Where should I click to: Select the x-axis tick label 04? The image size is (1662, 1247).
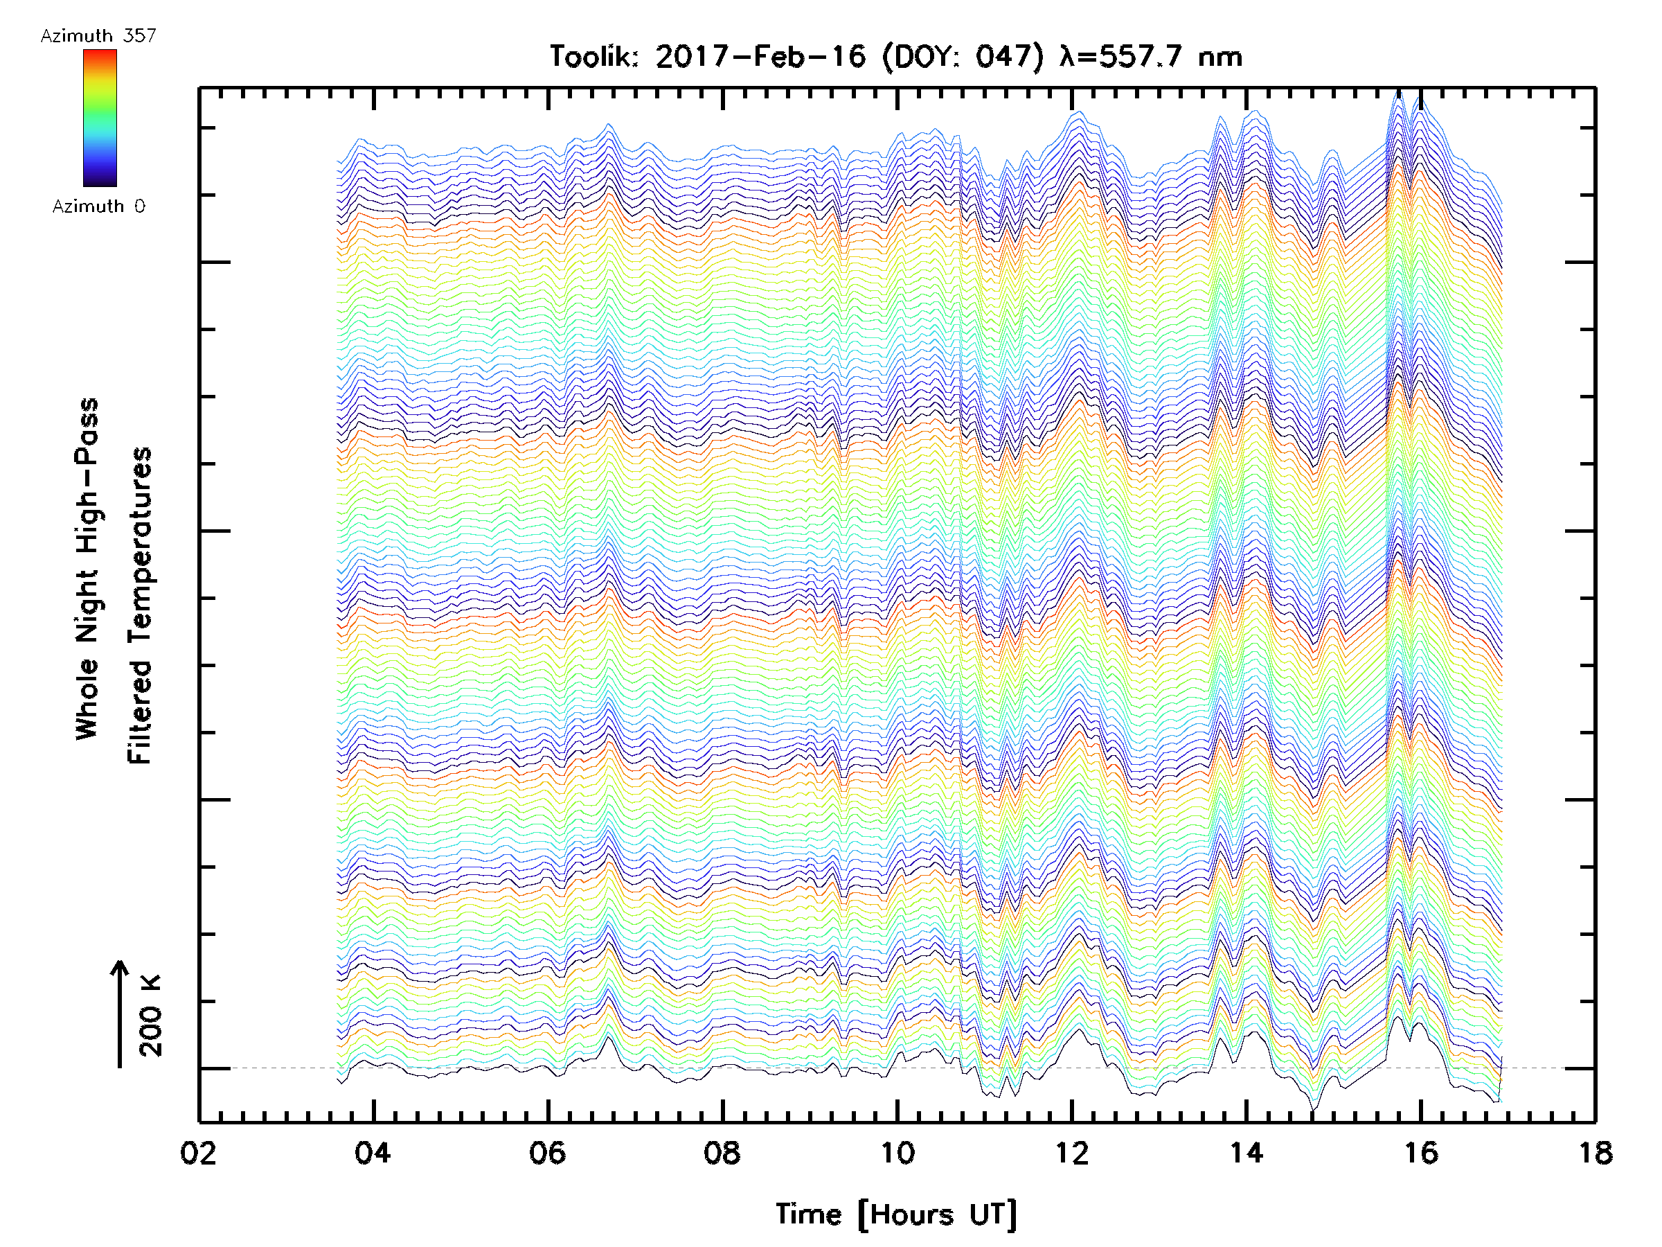pyautogui.click(x=373, y=1153)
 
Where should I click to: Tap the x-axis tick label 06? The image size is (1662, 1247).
pyautogui.click(x=547, y=1153)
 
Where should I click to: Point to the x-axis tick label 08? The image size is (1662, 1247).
pyautogui.click(x=722, y=1153)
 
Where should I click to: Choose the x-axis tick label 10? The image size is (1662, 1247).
pyautogui.click(x=896, y=1153)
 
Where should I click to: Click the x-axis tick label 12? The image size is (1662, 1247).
pyautogui.click(x=1071, y=1153)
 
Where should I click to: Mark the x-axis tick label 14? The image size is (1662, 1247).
pyautogui.click(x=1246, y=1153)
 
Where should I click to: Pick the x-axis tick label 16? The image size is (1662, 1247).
pyautogui.click(x=1420, y=1153)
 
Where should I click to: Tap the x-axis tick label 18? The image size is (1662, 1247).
pyautogui.click(x=1594, y=1153)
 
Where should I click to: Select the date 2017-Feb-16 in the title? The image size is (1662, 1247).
pyautogui.click(x=760, y=56)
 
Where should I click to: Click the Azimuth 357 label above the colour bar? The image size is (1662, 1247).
pyautogui.click(x=98, y=36)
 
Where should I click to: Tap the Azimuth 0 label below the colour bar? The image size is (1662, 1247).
pyautogui.click(x=98, y=206)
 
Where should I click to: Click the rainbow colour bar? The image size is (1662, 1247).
pyautogui.click(x=100, y=118)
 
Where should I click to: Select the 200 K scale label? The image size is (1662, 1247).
pyautogui.click(x=150, y=1016)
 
